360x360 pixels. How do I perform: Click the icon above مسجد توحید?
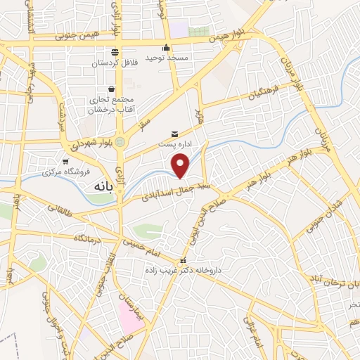(x=165, y=48)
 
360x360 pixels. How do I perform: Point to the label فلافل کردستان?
(x=114, y=63)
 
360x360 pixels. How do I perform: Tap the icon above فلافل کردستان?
(x=114, y=53)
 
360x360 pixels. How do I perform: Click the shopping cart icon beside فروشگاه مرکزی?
(x=65, y=162)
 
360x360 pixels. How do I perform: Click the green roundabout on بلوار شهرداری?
(x=120, y=142)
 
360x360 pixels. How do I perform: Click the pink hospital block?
(x=129, y=317)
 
